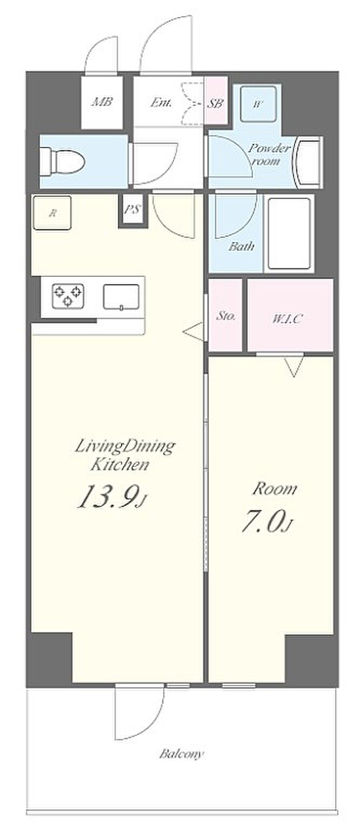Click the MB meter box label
click(102, 101)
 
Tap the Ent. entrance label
click(161, 102)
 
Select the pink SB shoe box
click(216, 100)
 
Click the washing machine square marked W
click(258, 104)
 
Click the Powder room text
click(269, 154)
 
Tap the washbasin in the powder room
click(308, 162)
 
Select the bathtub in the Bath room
click(289, 233)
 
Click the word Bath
click(241, 246)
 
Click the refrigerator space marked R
click(52, 213)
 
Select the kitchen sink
click(121, 297)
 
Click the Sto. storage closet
click(225, 316)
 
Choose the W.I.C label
click(288, 318)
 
